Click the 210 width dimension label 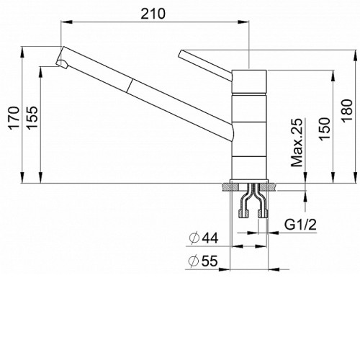click(x=153, y=14)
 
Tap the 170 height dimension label click(x=14, y=118)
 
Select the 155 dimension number click(x=32, y=118)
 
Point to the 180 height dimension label click(x=348, y=111)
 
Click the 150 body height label click(x=325, y=129)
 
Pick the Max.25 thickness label click(x=297, y=143)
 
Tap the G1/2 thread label click(x=300, y=225)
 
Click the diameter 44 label click(x=204, y=238)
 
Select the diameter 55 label click(x=204, y=261)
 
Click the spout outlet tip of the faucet click(x=62, y=63)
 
